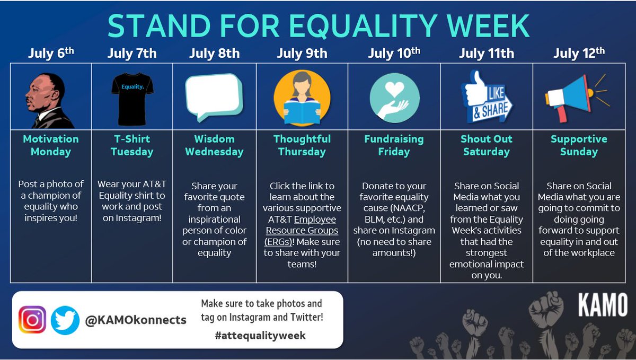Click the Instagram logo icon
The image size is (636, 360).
point(33,320)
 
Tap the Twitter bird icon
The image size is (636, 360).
point(65,320)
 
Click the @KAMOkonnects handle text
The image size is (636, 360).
point(136,320)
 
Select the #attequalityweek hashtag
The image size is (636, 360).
point(260,336)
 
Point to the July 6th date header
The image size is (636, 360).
point(51,53)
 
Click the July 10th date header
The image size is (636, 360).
point(394,53)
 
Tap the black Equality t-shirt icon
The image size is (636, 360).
point(132,99)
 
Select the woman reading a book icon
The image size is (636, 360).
point(302,99)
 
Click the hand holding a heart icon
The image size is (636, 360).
point(394,99)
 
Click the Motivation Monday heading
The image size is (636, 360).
point(51,145)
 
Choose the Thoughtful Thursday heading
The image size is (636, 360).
point(302,145)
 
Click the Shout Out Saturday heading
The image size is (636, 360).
point(486,145)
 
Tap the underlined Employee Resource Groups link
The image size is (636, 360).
point(302,231)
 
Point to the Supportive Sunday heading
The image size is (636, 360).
point(578,145)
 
